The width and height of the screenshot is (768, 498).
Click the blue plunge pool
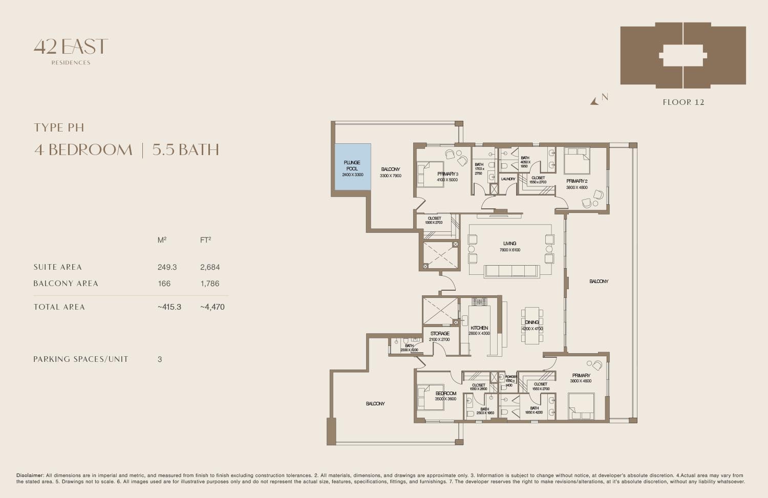pos(352,166)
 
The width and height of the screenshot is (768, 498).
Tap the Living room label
pos(509,244)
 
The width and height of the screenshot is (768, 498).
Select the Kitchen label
pos(479,328)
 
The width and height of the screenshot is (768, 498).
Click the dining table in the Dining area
pos(532,325)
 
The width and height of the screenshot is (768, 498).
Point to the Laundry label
pos(508,179)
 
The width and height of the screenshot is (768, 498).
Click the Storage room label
pos(439,334)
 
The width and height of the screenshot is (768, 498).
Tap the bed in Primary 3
pos(426,174)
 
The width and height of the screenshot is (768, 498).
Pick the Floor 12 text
pos(683,102)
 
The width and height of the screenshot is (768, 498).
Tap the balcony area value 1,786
pos(209,284)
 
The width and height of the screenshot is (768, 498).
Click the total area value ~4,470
pos(212,307)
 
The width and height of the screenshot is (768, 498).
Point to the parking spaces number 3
pos(160,359)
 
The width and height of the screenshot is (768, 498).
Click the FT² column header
pos(205,240)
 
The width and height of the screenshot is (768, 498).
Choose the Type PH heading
pos(58,127)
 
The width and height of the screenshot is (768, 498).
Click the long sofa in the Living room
pos(511,271)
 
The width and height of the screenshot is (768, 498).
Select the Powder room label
pos(510,377)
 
